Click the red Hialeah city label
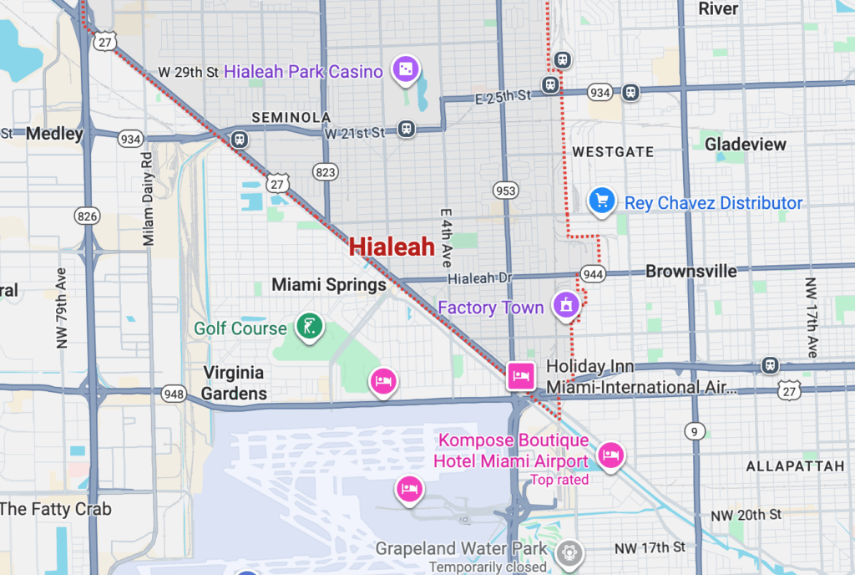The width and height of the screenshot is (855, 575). pos(392,247)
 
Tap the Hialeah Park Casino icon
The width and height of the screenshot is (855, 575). pos(405,71)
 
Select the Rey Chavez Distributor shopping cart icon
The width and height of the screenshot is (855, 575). pos(601,201)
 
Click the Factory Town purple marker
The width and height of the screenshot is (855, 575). pos(566,306)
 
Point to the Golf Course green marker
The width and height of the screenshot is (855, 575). pos(310,328)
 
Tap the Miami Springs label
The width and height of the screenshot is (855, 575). pos(329,285)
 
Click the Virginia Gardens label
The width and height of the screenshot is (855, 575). pos(235,383)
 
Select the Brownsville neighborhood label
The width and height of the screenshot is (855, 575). pos(691,271)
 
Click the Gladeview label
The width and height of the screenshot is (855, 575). pos(746,145)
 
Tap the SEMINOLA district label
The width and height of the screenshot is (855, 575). pos(291,118)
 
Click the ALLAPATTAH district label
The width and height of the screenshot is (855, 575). pos(795,466)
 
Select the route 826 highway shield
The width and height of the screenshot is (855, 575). pos(87,216)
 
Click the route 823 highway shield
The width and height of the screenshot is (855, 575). pos(325,171)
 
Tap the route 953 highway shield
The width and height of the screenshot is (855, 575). pos(505,190)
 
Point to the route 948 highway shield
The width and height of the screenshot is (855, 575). pos(174,393)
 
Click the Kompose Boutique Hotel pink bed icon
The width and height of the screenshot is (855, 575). pos(611,455)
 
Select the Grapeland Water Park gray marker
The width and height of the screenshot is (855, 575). pos(571,552)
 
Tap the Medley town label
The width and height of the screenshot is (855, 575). pos(54,134)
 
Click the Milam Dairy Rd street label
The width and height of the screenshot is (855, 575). pos(149,198)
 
